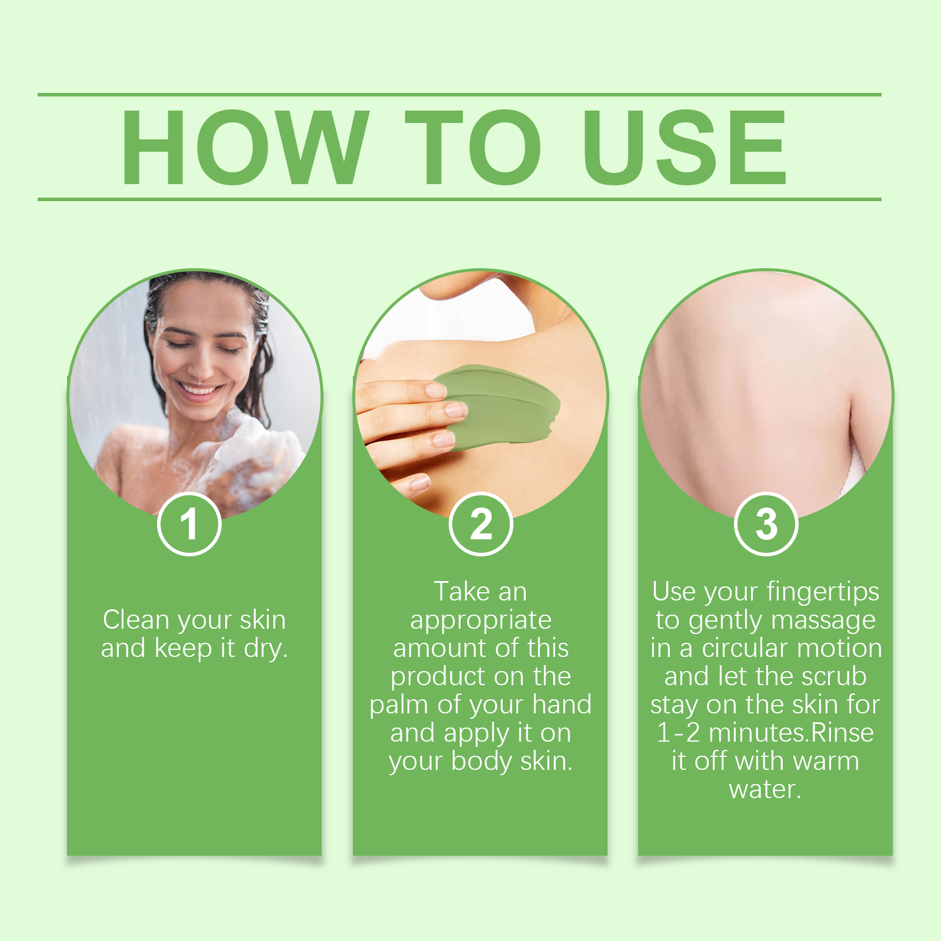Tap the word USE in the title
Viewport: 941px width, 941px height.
(685, 147)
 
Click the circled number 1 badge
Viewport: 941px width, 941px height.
(189, 523)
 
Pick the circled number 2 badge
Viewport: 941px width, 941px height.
(480, 523)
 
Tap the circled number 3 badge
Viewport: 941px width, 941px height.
(766, 523)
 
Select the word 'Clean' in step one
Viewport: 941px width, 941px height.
(136, 620)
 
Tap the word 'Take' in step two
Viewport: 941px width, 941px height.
(462, 592)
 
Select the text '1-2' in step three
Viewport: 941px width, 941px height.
(678, 733)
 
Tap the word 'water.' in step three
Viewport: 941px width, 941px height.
(765, 790)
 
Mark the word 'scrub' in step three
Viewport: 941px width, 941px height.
(833, 676)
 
